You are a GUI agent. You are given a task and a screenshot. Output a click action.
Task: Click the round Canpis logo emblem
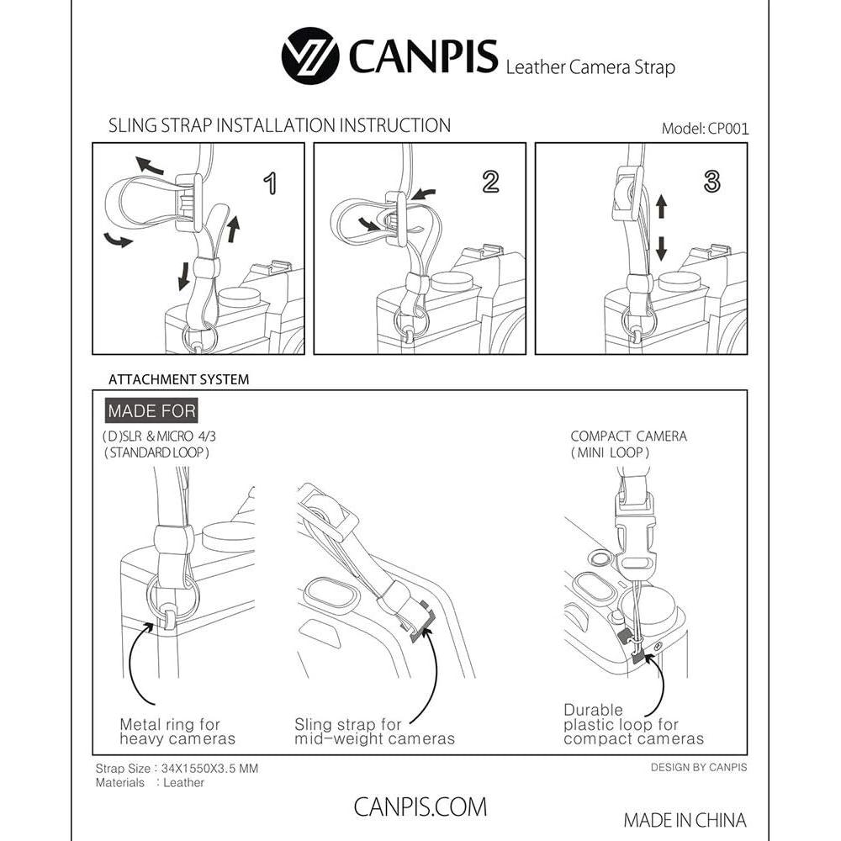click(310, 56)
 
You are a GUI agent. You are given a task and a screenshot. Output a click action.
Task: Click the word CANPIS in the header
click(423, 56)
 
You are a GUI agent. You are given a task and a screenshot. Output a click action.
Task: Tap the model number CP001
click(727, 129)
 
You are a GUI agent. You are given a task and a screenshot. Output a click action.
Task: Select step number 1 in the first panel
click(270, 183)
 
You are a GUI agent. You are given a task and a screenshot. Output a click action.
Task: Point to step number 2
click(491, 182)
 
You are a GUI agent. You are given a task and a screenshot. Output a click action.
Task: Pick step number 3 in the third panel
click(711, 182)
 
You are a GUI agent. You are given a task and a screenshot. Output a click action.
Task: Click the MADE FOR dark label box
click(151, 411)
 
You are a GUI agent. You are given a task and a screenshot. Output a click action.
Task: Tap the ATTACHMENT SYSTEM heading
click(178, 380)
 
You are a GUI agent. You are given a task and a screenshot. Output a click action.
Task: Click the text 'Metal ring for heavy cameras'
click(177, 732)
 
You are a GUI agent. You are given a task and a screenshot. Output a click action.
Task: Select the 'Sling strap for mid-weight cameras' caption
click(374, 732)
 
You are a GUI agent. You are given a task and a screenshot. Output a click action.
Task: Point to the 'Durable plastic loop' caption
click(633, 724)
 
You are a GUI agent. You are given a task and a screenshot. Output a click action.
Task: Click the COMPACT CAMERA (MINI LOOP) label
click(628, 444)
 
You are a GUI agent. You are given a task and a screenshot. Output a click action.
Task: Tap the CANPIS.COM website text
click(420, 807)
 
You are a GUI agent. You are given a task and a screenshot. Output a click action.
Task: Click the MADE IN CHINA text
click(685, 820)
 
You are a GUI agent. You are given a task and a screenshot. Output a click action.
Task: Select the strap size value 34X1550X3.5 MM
click(209, 769)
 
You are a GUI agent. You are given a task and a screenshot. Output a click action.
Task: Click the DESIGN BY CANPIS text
click(699, 768)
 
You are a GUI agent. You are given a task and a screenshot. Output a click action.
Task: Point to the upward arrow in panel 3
click(661, 206)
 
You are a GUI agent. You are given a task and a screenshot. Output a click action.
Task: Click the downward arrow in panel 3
click(661, 249)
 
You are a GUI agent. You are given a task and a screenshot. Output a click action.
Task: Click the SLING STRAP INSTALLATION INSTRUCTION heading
click(279, 125)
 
